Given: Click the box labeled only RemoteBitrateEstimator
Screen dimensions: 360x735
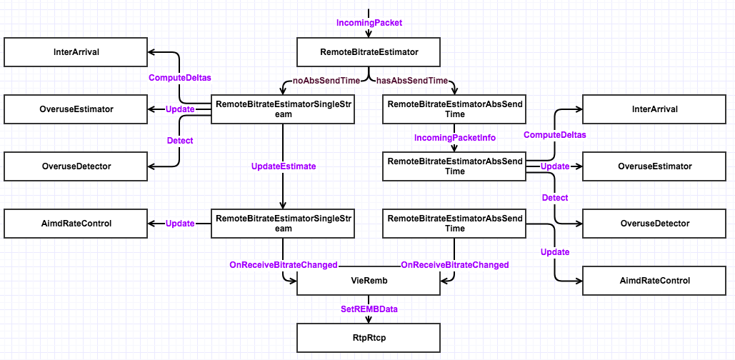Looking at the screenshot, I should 369,52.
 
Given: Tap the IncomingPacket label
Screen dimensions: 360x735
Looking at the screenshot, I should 369,23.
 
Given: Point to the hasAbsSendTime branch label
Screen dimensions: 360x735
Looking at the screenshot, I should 412,81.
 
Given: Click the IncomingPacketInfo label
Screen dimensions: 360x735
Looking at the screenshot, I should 454,137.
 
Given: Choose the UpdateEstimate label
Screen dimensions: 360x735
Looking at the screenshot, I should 284,166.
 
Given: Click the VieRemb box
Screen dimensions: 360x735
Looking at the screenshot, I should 369,281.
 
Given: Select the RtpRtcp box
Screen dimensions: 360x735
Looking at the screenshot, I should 369,337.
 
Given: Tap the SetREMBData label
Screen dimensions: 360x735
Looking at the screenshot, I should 369,309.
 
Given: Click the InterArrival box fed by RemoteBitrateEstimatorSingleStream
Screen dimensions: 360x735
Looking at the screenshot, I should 76,52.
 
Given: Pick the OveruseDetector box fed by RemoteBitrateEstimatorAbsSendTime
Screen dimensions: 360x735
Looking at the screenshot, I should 654,224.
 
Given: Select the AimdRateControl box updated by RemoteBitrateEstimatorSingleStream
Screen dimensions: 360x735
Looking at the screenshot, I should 76,224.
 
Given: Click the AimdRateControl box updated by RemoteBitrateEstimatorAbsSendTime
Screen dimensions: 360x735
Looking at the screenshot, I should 654,281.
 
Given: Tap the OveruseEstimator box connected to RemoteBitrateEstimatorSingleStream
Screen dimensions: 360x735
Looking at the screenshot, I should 76,109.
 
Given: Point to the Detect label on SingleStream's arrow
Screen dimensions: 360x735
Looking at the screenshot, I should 180,141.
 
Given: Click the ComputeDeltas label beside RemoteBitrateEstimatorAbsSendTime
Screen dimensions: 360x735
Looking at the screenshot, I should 551,135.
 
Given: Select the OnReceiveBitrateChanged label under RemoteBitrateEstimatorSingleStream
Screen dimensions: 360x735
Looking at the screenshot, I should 284,265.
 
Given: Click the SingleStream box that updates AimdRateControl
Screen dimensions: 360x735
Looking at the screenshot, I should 284,224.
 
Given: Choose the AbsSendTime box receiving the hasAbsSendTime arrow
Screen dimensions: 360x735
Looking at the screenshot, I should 455,109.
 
